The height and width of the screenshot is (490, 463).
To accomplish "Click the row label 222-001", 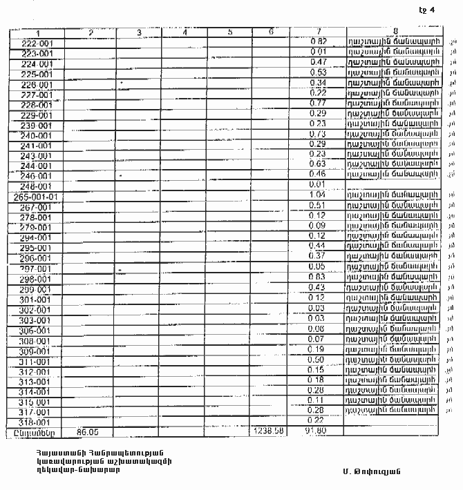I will click(x=32, y=43).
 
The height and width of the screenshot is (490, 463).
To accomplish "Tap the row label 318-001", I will click(x=32, y=422).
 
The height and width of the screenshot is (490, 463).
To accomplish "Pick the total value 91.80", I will click(x=315, y=431).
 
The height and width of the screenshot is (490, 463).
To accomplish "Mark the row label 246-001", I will click(x=32, y=177).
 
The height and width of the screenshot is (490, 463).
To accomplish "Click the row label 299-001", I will click(x=32, y=288).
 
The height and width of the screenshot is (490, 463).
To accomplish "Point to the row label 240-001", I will click(x=32, y=136).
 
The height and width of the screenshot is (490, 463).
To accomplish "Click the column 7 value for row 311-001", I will click(x=317, y=360).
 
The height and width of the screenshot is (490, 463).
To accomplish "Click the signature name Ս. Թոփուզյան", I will click(x=371, y=471).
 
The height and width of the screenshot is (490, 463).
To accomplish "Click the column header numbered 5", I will click(x=229, y=32).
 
